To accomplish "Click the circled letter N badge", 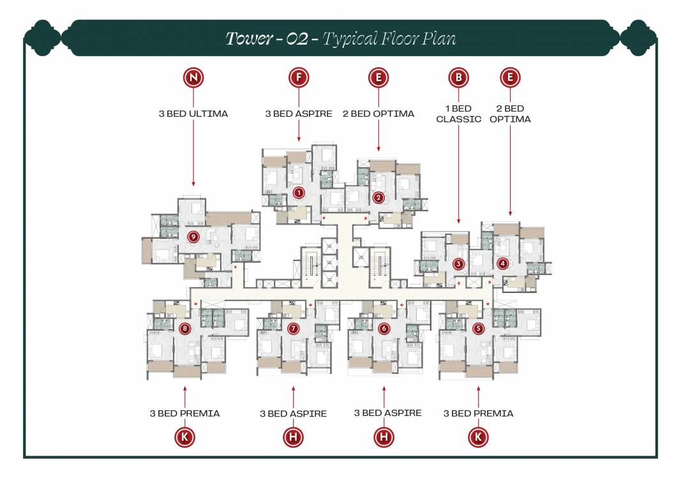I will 193,78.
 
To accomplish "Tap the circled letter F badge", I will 298,78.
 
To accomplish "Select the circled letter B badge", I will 458,78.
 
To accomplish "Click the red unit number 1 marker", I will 297,192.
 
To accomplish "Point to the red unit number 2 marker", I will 378,198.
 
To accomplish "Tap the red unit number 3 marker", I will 458,264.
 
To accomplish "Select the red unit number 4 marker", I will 503,263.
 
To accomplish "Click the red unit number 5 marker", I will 479,329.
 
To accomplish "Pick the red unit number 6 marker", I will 384,329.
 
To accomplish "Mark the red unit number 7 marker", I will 293,329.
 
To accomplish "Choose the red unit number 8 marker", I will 184,329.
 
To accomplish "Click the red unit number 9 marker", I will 193,237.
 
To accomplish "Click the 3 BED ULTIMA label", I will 193,114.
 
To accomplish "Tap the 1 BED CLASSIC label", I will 458,114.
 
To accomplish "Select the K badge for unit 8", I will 184,437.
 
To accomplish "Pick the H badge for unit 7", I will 293,437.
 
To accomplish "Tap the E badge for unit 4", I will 510,78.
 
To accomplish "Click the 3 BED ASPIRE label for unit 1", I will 298,114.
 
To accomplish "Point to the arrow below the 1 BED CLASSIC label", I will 458,172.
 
